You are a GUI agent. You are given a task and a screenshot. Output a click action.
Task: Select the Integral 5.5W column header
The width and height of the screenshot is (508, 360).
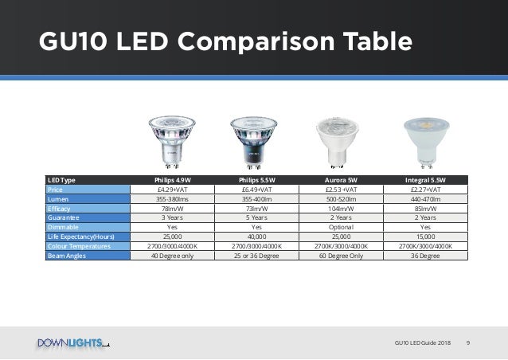tap(424, 179)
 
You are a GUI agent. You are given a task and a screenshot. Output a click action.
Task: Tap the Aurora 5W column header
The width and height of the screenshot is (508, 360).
tap(340, 179)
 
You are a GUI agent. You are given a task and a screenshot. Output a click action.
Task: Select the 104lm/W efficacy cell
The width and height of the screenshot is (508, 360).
tap(340, 207)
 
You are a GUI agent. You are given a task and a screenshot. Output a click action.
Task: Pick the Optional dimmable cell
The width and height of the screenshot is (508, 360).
tap(340, 226)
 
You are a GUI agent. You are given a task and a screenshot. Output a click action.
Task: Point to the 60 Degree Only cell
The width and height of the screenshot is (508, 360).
tap(340, 256)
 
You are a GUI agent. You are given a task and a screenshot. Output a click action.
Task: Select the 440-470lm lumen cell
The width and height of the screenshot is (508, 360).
tap(424, 199)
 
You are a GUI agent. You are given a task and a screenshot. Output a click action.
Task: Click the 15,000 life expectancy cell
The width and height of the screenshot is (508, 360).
tap(424, 237)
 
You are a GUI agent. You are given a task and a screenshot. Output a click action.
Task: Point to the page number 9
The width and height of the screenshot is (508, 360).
tap(468, 343)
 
